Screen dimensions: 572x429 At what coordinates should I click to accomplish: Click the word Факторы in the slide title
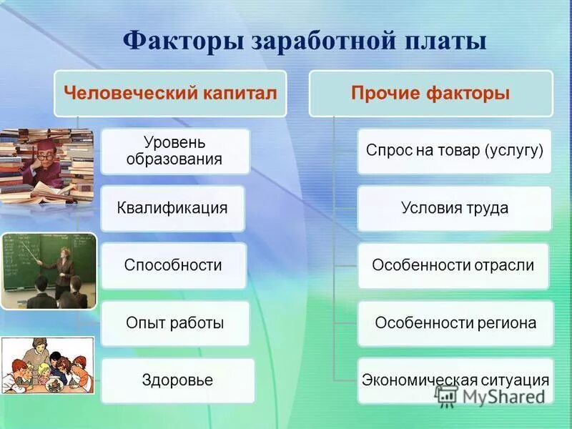[183, 41]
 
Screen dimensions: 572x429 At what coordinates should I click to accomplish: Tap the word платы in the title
[445, 41]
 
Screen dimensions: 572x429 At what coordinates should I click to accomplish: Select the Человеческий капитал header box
[170, 94]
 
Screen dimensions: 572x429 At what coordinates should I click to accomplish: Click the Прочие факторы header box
[431, 94]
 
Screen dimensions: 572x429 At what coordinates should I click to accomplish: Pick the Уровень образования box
[175, 152]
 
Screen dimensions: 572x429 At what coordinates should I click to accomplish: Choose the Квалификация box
[172, 208]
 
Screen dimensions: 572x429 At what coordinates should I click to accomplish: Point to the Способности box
[174, 265]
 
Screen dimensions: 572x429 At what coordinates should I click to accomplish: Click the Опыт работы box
[175, 323]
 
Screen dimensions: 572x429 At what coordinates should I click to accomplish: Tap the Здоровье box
[177, 380]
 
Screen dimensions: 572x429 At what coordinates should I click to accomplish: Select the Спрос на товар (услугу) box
[454, 151]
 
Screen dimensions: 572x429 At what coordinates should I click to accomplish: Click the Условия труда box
[454, 208]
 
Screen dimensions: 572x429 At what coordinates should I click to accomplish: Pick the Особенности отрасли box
[453, 265]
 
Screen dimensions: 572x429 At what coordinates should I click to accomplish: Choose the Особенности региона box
[455, 323]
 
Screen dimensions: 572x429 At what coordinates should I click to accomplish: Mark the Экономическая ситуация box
[455, 380]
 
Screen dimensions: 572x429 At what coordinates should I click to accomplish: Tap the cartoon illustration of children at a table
[47, 365]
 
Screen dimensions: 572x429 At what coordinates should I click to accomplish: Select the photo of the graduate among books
[46, 166]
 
